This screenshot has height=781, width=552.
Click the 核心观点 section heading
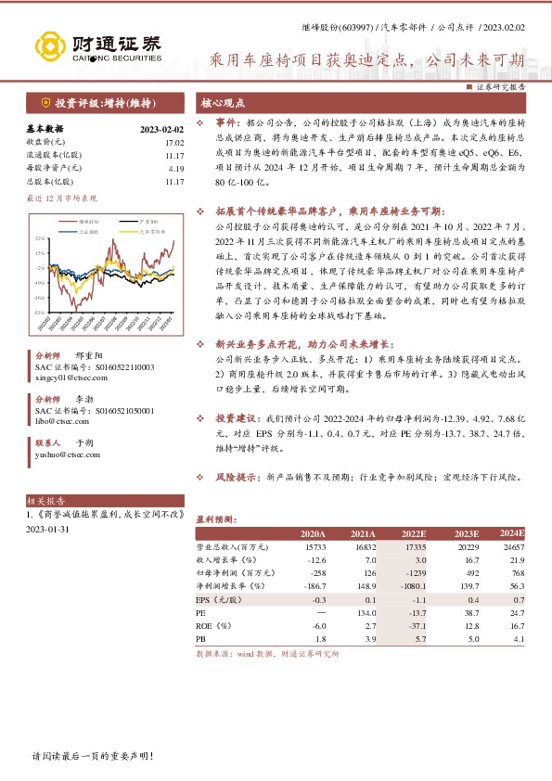click(x=222, y=103)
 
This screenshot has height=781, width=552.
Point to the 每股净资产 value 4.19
click(x=176, y=170)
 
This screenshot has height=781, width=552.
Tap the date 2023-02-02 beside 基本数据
click(x=162, y=130)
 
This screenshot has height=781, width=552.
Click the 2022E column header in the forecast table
click(x=414, y=534)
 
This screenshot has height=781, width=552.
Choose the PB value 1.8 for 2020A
click(x=317, y=639)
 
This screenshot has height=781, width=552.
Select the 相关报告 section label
click(x=44, y=499)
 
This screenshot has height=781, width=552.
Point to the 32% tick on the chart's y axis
click(x=39, y=238)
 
